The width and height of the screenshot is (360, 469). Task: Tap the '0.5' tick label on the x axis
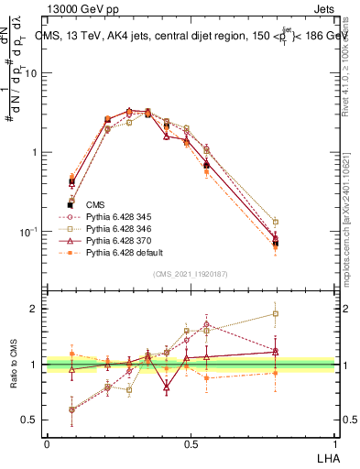pyautogui.click(x=191, y=443)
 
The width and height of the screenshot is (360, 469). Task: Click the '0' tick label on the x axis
pyautogui.click(x=47, y=443)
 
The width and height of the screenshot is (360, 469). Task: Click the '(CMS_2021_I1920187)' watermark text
pyautogui.click(x=191, y=274)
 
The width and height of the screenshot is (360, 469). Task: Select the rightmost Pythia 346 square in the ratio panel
pyautogui.click(x=276, y=313)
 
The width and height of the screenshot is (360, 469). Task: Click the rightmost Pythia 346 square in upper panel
pyautogui.click(x=276, y=222)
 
